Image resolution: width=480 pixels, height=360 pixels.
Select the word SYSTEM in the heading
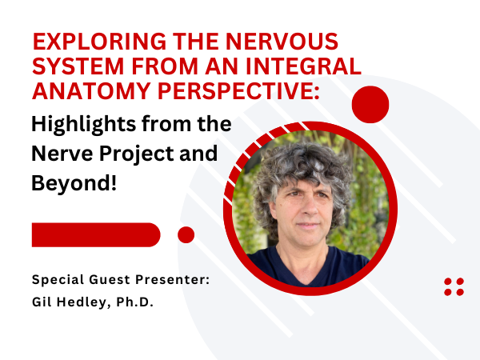(x=78, y=66)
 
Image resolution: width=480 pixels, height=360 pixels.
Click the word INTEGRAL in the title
(x=303, y=66)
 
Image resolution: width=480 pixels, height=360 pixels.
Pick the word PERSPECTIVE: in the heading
(x=238, y=91)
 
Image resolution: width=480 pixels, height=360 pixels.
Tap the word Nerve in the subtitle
(x=62, y=153)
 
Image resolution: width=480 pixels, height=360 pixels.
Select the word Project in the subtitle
(x=137, y=154)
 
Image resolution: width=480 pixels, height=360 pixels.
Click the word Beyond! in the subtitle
(x=74, y=183)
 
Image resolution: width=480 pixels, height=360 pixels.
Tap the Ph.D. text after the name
(x=134, y=302)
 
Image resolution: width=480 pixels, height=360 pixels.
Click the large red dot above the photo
(x=370, y=105)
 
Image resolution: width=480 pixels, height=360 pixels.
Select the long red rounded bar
(x=96, y=234)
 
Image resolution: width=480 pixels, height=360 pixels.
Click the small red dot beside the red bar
(x=186, y=234)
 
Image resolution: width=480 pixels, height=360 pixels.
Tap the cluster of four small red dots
(x=454, y=287)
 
